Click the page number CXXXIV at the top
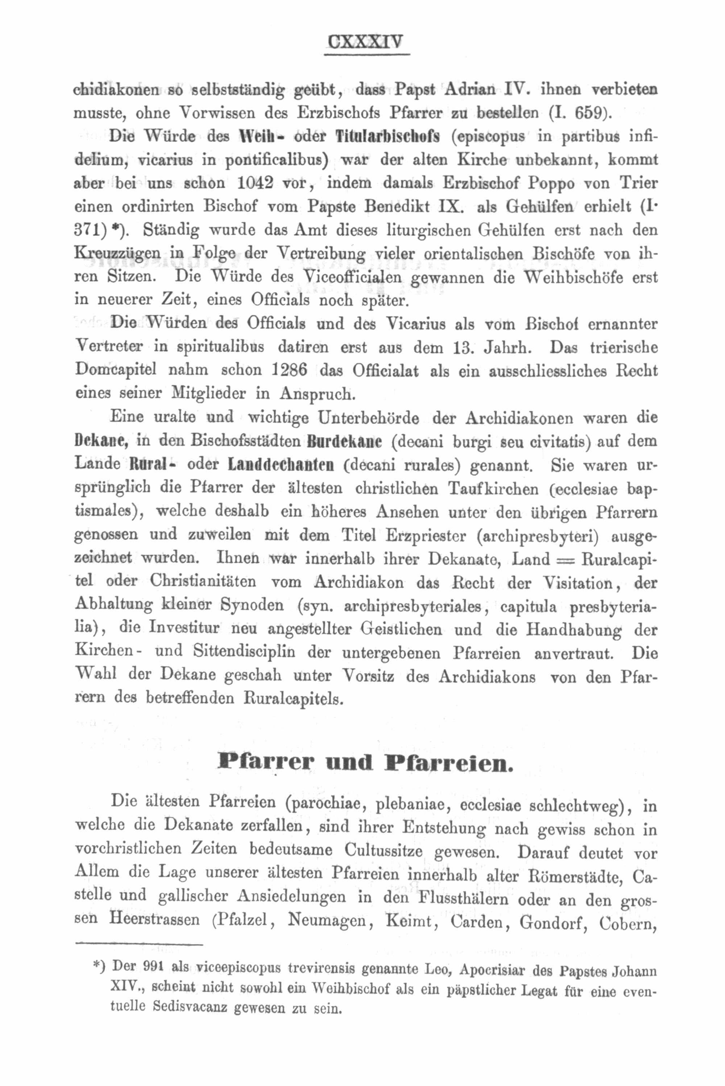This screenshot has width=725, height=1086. point(365,42)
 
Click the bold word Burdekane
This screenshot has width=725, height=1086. point(344,441)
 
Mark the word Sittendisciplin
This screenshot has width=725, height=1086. point(244,652)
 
